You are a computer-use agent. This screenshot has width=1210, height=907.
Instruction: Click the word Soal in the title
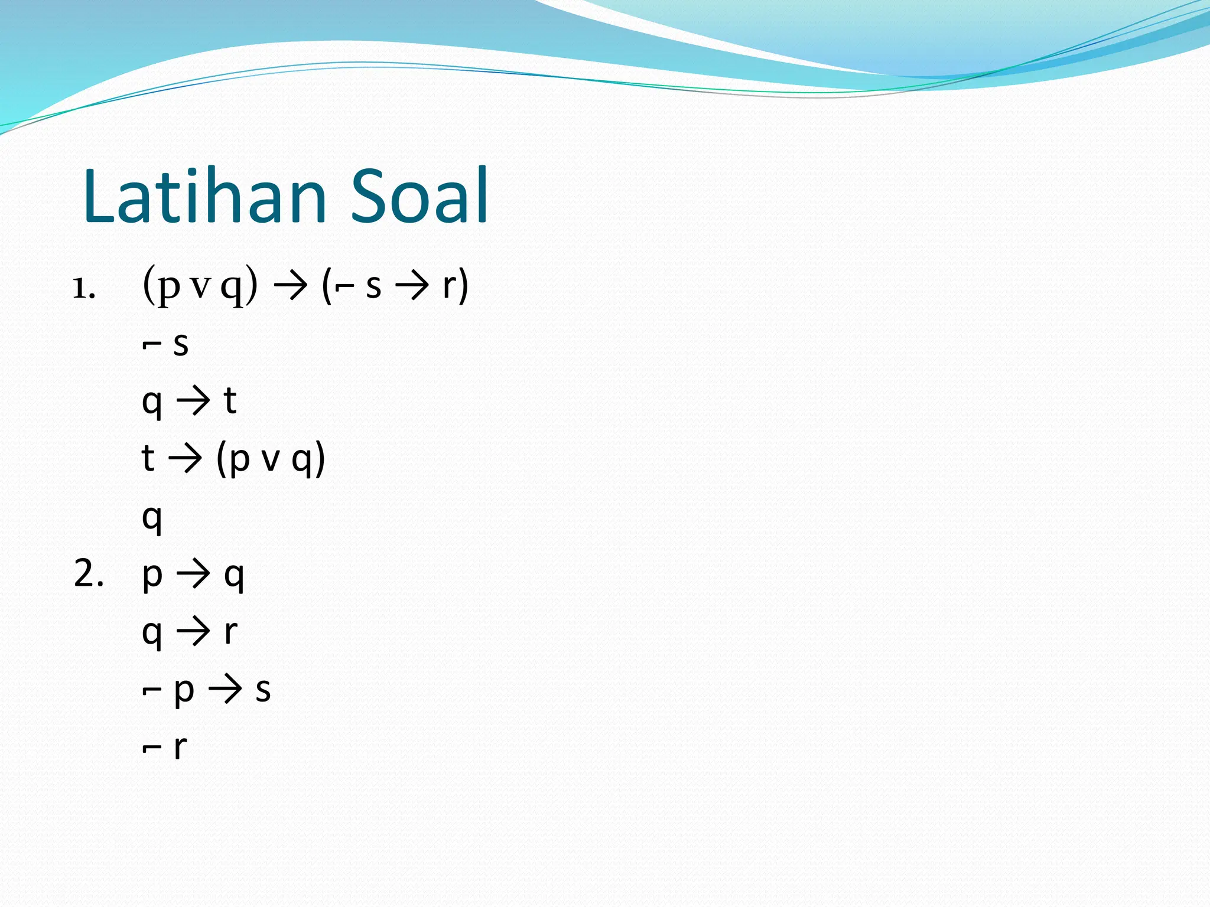click(x=419, y=197)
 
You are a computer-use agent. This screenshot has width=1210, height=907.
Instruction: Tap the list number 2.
click(x=89, y=573)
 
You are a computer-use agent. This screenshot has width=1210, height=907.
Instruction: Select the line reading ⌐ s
click(x=165, y=344)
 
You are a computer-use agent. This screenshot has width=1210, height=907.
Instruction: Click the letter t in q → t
click(x=230, y=400)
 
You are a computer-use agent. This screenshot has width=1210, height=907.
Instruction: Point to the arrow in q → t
click(x=193, y=400)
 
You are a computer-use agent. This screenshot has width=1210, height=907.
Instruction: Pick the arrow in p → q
click(x=193, y=573)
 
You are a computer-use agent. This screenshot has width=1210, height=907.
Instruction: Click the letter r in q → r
click(x=230, y=631)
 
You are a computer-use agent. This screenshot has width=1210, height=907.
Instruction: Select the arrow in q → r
click(x=193, y=631)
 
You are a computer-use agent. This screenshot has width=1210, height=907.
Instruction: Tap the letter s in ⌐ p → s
click(x=263, y=689)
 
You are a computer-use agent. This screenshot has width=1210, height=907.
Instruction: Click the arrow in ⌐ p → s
click(x=225, y=689)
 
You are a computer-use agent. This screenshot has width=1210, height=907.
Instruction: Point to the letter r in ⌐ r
click(x=180, y=747)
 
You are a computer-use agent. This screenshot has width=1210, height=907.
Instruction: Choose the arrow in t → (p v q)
click(x=185, y=458)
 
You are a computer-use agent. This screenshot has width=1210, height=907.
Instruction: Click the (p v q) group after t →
click(x=271, y=458)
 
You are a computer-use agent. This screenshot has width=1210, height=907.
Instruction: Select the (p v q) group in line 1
click(x=200, y=286)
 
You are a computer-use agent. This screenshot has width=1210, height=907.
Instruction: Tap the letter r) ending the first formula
click(x=455, y=286)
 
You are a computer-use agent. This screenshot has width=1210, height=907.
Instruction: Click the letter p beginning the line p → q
click(x=152, y=575)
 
